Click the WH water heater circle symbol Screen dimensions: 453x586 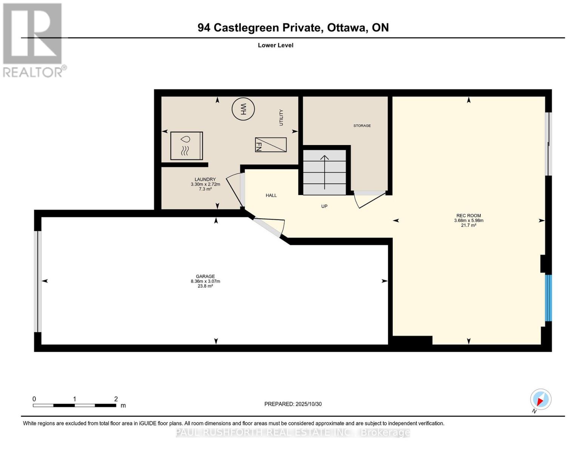click(243, 109)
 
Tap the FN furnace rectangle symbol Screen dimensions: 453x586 click(271, 145)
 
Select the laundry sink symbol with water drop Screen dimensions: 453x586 click(186, 145)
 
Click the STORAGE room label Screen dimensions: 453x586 click(362, 126)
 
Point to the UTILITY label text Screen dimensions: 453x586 click(281, 117)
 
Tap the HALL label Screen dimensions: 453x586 click(271, 196)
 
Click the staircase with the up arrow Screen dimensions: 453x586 click(325, 172)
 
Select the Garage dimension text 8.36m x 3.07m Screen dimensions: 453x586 click(205, 281)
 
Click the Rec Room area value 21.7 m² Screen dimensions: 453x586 click(468, 225)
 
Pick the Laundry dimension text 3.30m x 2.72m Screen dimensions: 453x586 click(205, 184)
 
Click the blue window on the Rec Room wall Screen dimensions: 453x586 click(548, 298)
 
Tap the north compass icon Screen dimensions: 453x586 click(540, 399)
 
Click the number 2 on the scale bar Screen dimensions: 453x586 click(116, 399)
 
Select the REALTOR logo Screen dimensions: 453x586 click(33, 40)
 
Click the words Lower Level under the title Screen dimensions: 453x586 click(275, 45)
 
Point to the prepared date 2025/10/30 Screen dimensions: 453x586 click(308, 404)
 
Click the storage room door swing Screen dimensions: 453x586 click(370, 199)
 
